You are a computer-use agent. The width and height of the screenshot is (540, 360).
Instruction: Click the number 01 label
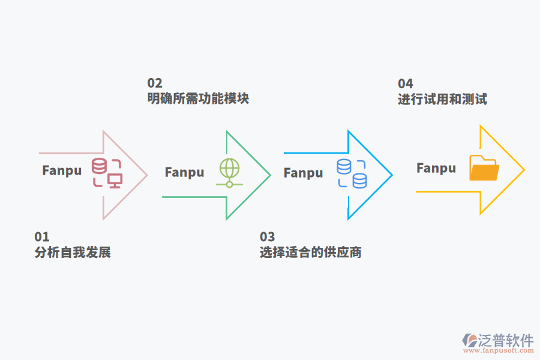point(42,236)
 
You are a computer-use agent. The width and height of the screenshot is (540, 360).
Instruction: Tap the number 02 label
point(155,83)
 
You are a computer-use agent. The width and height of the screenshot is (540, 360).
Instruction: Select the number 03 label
point(267,236)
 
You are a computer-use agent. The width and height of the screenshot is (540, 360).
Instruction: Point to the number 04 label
point(406,83)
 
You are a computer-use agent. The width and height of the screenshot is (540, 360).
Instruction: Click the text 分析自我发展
point(73,252)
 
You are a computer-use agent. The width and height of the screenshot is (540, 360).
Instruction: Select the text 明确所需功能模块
point(198,98)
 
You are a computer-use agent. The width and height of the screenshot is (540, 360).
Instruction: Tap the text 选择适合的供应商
point(310,252)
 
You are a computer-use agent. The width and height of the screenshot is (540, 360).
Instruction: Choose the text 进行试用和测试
point(442,99)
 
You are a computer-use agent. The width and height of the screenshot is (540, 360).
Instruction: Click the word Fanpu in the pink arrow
point(62,170)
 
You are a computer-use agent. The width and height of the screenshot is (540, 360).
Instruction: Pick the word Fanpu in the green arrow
point(184,172)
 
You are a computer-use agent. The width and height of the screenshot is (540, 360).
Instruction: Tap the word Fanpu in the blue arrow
point(303,173)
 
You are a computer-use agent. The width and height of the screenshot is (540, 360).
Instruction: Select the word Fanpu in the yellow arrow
point(436,168)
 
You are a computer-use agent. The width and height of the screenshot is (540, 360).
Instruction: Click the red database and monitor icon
point(107,173)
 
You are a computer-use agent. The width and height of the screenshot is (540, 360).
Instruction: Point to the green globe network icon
point(229,173)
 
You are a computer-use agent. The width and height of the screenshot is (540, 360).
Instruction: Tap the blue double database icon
point(352,174)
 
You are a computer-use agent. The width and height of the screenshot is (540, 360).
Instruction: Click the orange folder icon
point(484,168)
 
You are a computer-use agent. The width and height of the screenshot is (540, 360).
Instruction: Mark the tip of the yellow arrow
point(524,170)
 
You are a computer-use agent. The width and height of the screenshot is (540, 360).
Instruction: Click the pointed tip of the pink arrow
point(146,175)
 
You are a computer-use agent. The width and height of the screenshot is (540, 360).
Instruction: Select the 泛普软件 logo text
point(505,340)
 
